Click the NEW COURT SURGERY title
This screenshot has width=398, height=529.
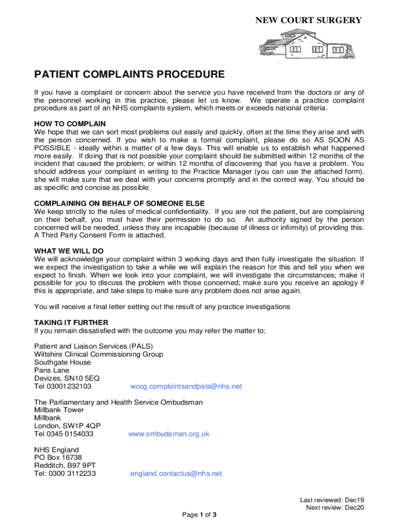309,20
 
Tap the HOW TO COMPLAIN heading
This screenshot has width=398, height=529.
70,124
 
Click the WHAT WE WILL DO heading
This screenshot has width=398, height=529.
69,251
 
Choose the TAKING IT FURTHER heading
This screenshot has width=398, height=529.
71,322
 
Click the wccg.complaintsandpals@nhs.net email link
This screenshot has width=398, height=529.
186,386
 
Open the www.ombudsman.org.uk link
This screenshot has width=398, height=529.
169,434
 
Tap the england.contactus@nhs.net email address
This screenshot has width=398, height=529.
176,473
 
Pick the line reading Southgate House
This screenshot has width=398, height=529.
62,363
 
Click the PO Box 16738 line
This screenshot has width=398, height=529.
58,457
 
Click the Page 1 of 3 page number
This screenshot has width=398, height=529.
199,515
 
